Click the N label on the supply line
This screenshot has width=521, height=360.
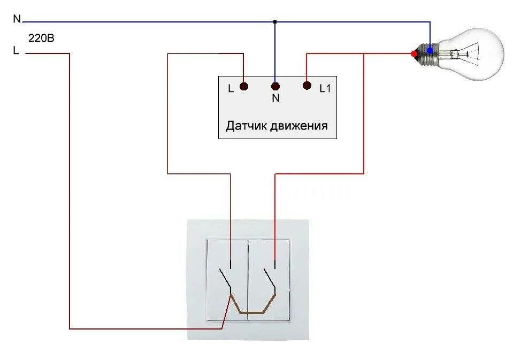point(17,19)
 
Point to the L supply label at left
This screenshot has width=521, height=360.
point(16,51)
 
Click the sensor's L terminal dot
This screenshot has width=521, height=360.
point(243,86)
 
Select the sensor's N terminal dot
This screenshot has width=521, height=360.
point(275,86)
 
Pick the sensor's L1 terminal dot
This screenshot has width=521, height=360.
point(307,86)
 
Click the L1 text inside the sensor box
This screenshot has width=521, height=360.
point(325,89)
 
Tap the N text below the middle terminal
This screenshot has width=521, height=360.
point(275,98)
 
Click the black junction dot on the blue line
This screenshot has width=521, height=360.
point(275,22)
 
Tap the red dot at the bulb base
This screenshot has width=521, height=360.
point(413,53)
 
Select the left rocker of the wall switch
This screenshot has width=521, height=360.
point(227,280)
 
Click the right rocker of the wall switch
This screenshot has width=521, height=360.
point(269,280)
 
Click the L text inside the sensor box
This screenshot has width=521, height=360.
point(231,89)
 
